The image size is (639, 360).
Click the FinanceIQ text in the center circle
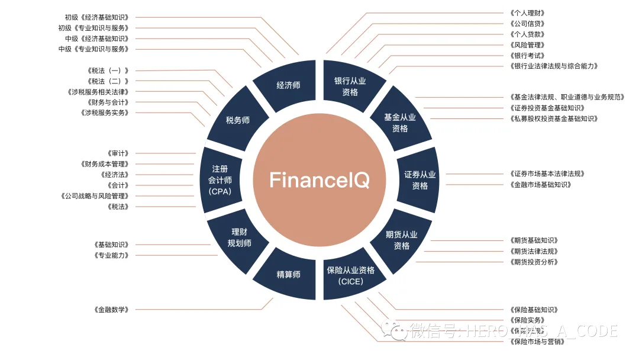[319, 180]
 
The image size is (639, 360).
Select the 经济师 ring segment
[288, 85]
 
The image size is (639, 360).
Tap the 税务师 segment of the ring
[238, 120]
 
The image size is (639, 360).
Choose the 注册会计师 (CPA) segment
[220, 180]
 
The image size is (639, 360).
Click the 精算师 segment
[288, 274]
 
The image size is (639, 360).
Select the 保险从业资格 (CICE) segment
[350, 275]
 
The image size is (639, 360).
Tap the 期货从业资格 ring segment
[401, 240]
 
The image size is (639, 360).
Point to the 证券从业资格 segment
[419, 180]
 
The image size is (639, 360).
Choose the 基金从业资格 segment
[400, 123]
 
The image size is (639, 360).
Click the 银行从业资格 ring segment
[350, 86]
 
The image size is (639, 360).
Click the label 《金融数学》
[111, 310]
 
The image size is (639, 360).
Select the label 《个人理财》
[527, 12]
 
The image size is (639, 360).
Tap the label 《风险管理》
[527, 45]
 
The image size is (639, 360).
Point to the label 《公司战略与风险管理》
[95, 196]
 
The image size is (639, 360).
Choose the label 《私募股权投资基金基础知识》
[553, 118]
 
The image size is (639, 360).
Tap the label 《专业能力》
[111, 255]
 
